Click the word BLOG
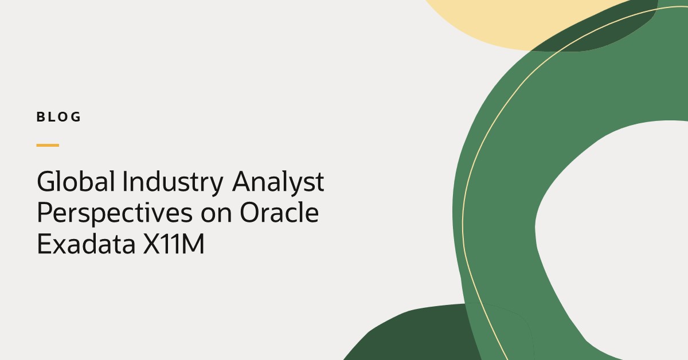click(58, 118)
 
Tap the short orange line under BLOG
click(48, 145)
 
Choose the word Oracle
click(279, 213)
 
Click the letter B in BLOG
click(41, 118)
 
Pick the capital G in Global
click(47, 182)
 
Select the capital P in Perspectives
click(45, 213)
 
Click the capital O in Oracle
click(250, 213)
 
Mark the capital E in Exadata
click(44, 244)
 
